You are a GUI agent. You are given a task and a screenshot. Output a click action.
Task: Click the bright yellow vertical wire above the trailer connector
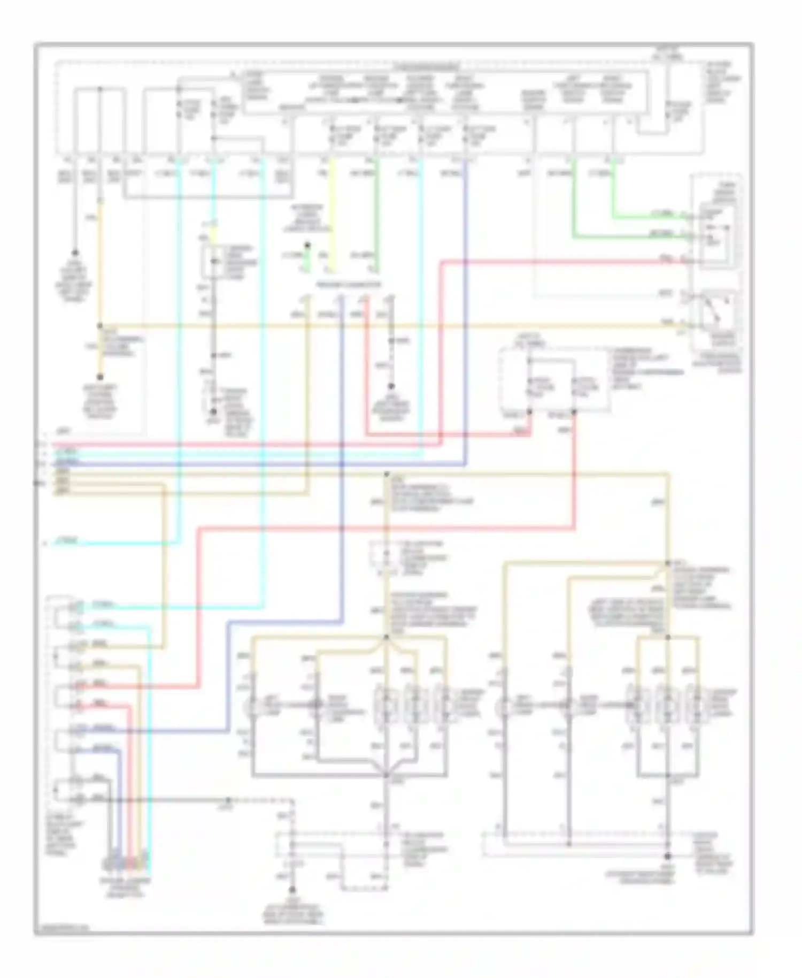coord(333,214)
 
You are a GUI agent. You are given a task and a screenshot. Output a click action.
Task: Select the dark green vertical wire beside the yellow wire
coord(376,214)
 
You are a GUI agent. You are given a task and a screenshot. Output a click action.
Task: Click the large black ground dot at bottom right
coord(667,856)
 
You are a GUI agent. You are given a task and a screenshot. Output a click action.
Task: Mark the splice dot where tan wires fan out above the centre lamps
coord(386,637)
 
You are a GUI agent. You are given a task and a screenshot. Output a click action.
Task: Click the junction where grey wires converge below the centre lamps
coord(386,775)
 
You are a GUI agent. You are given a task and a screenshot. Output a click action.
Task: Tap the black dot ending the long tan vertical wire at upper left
coord(100,377)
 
